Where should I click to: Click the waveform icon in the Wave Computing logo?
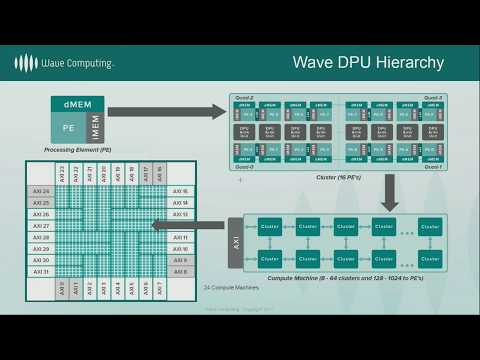(26, 63)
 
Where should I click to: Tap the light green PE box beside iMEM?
(68, 128)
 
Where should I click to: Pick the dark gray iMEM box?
(96, 128)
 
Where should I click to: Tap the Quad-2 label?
(244, 97)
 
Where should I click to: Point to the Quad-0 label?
(244, 166)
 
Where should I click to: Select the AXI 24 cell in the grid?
(40, 191)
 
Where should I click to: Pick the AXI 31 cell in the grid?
(40, 271)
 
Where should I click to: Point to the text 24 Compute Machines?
(233, 288)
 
